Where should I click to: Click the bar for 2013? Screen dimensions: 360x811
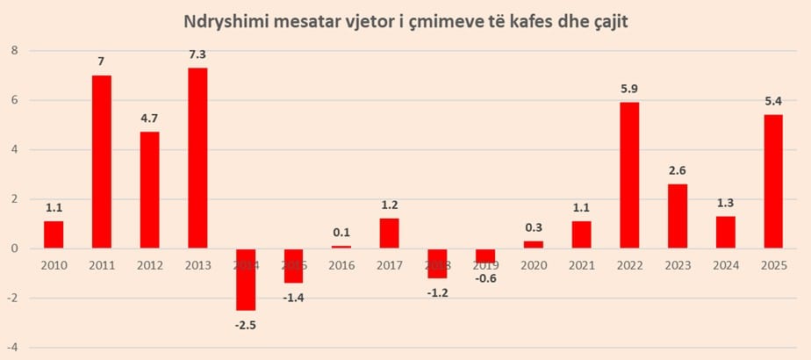(x=197, y=158)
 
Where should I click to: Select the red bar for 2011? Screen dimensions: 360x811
(x=101, y=162)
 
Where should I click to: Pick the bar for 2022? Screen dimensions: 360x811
(x=628, y=176)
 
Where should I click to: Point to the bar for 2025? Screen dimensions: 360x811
(x=772, y=182)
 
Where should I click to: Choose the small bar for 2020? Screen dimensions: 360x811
(x=533, y=245)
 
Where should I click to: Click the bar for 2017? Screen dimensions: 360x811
(x=389, y=234)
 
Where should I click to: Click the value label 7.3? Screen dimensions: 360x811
(x=197, y=54)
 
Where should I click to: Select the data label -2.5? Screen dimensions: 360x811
(x=245, y=324)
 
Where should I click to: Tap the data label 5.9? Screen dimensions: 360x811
(x=628, y=89)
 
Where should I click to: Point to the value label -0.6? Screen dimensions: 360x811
(x=484, y=278)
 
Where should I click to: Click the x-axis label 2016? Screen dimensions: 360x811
(x=341, y=264)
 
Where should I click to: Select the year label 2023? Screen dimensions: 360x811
(x=677, y=264)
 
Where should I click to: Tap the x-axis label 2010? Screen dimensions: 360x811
(x=54, y=264)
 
